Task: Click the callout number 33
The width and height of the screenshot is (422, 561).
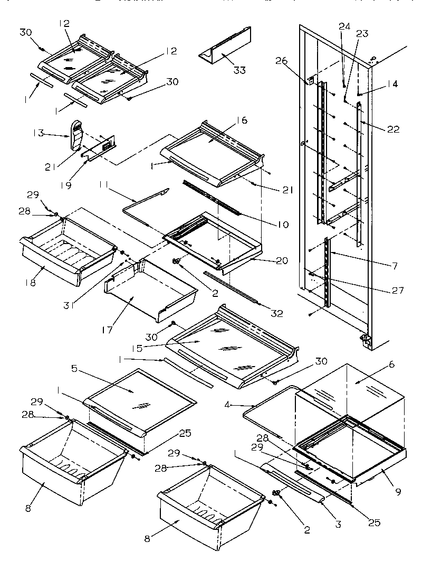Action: pyautogui.click(x=240, y=71)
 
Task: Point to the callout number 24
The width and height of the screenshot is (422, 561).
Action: pyautogui.click(x=344, y=25)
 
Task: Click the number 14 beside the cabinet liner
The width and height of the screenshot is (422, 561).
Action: pyautogui.click(x=392, y=84)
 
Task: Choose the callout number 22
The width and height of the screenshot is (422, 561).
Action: pyautogui.click(x=393, y=129)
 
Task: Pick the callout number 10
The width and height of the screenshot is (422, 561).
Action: pyautogui.click(x=283, y=225)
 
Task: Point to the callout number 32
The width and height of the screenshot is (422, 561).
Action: pyautogui.click(x=276, y=314)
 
